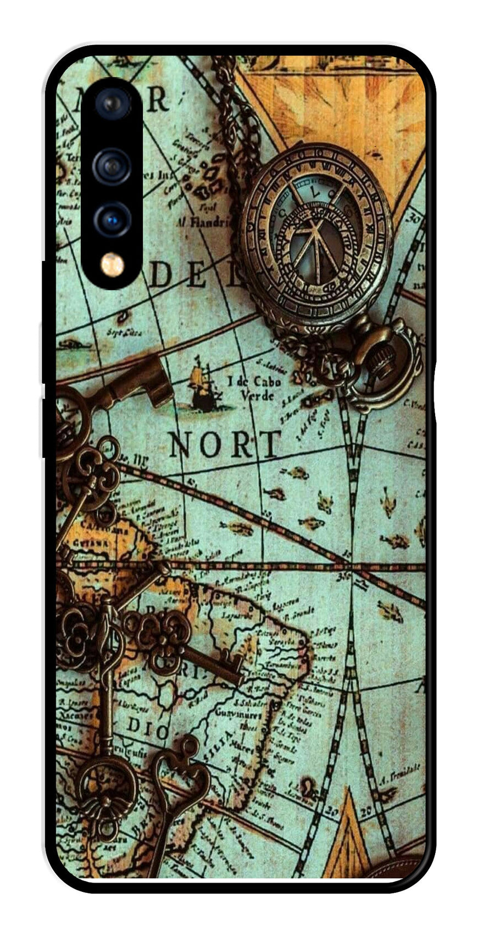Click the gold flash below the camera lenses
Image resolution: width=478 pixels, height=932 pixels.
[x=112, y=265]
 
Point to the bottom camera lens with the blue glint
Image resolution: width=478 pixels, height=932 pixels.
[x=113, y=220]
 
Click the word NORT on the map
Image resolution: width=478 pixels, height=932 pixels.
[x=224, y=444]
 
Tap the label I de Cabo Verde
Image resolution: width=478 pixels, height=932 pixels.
[x=254, y=388]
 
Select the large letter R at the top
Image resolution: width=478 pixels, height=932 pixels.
[x=157, y=99]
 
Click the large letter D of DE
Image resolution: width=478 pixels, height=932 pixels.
[x=160, y=275]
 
